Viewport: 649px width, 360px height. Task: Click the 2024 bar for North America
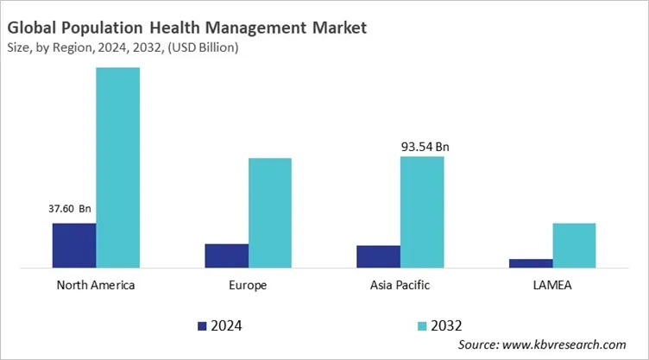tap(74, 245)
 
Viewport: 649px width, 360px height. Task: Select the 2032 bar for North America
tap(117, 167)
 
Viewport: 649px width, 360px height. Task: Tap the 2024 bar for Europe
tap(226, 256)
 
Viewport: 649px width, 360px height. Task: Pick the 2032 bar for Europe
tap(270, 212)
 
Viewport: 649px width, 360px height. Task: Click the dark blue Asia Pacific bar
tap(378, 256)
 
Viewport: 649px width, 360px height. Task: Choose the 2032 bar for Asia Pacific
tap(422, 212)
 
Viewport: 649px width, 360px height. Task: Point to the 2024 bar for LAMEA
tap(531, 263)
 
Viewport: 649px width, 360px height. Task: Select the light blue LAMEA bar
tap(574, 245)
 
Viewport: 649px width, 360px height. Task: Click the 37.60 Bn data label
tap(68, 208)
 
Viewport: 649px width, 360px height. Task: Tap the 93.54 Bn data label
tap(425, 147)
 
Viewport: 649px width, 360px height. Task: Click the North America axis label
tap(95, 285)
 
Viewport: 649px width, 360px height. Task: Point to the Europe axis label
tap(249, 285)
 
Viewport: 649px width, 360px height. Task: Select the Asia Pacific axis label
tap(400, 285)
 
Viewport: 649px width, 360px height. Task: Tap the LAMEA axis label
tap(552, 285)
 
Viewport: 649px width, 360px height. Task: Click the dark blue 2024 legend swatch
tap(203, 325)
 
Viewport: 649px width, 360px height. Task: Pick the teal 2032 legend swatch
tap(422, 325)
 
